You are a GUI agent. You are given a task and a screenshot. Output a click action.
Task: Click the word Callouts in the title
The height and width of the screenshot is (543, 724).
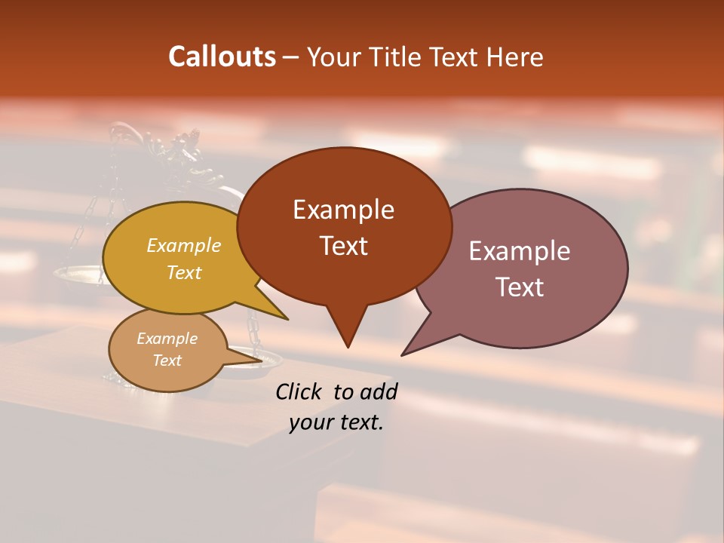pos(222,57)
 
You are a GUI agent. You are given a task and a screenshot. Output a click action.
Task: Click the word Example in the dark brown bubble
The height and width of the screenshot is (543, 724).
pos(343,210)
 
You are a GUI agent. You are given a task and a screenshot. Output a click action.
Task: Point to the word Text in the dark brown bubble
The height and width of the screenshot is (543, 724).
pos(343,246)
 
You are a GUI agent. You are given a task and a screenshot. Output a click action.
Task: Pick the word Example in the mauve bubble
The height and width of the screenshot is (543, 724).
pos(520,251)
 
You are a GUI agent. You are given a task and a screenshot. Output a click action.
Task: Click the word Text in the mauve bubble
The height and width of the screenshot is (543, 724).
pos(520,287)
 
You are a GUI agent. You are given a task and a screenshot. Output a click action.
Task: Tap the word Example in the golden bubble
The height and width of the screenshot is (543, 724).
pos(183,245)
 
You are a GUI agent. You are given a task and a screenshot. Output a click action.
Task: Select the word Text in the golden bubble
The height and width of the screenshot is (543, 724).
pos(183,272)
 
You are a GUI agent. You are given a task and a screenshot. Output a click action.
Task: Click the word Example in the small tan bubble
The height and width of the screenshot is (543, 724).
pos(167,339)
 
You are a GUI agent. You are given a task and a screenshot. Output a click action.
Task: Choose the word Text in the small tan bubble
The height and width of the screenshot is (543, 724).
pos(167,360)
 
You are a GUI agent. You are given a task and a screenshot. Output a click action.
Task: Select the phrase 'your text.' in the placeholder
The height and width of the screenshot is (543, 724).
pos(336,422)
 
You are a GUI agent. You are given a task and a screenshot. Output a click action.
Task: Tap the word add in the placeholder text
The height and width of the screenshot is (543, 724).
pos(378,391)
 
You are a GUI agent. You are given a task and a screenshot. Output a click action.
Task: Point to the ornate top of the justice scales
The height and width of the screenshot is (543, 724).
pos(181,147)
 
